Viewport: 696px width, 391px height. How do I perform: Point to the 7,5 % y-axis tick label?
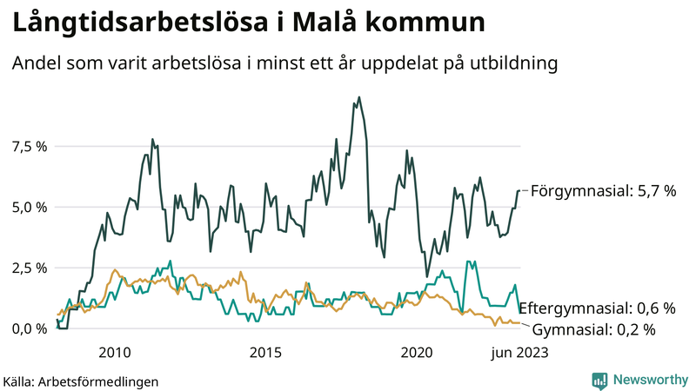coord(29,146)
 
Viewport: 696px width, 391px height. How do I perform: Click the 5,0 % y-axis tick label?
coord(29,207)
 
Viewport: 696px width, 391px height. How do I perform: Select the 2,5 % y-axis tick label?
coord(29,268)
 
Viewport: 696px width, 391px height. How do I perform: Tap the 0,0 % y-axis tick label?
coord(29,328)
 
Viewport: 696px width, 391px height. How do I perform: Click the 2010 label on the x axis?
coord(115,352)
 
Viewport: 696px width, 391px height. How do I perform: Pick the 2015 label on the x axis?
coord(265,352)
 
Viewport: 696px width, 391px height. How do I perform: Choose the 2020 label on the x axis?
coord(417,352)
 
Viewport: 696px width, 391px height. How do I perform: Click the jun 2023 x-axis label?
coord(519,352)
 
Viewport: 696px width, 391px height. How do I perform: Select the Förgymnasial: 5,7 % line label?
coord(603,190)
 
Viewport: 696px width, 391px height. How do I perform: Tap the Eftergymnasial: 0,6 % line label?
coord(603,308)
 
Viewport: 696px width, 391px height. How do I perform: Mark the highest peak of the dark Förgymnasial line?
coord(358,97)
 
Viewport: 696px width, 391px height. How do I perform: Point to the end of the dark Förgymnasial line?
coord(519,190)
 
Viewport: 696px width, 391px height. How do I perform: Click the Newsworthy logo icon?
coord(599,380)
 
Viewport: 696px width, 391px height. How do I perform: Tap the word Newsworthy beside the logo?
coord(649,380)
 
